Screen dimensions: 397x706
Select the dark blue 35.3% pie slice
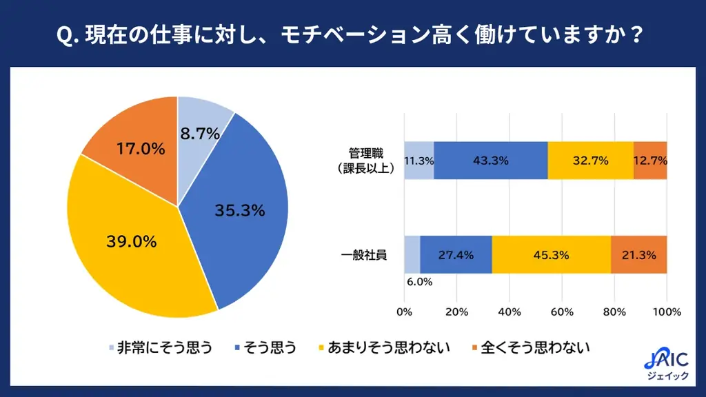[239, 210]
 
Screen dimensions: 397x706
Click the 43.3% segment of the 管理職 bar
[490, 161]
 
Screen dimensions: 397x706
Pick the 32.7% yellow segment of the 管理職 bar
[590, 161]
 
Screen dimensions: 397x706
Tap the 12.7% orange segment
[650, 161]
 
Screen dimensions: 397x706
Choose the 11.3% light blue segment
[418, 161]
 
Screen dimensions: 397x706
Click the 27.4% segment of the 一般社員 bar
[456, 255]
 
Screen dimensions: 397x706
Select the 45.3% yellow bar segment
[551, 255]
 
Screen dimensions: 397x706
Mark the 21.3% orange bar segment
[638, 255]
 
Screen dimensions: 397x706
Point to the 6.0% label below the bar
[419, 281]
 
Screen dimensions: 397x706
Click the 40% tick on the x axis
[510, 312]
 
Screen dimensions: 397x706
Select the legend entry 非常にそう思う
[159, 347]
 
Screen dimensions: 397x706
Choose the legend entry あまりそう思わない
[383, 347]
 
